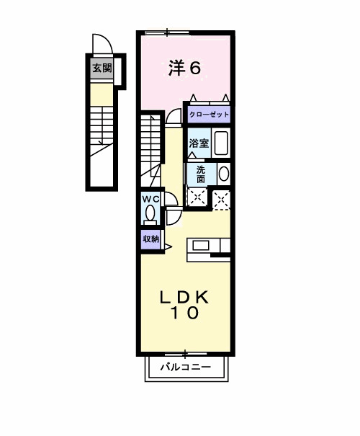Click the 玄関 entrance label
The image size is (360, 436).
coord(102,69)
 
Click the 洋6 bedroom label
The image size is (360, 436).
coord(184,68)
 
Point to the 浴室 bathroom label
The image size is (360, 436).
coord(199,143)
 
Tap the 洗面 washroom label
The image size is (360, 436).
coord(200,174)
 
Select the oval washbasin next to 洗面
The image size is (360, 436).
coord(223,174)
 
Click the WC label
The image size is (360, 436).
coord(149,199)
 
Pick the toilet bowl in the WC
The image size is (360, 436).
coord(150,214)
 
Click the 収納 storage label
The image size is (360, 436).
coord(150,239)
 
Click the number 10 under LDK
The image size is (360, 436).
coord(184,314)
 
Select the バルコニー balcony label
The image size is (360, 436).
coord(185,367)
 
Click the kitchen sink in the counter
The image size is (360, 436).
coord(201,245)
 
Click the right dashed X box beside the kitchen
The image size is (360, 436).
coord(222,198)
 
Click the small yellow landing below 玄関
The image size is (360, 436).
coord(102,93)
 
